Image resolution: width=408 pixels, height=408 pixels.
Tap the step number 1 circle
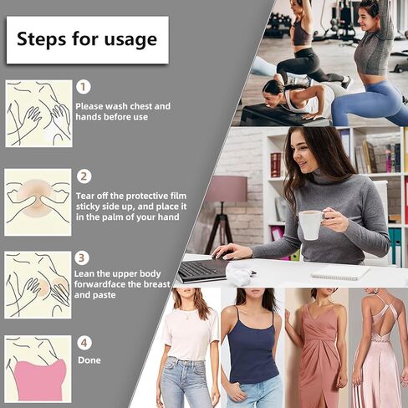click(x=84, y=87)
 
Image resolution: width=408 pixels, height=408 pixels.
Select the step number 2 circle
click(x=84, y=176)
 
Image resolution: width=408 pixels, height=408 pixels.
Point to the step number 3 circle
click(x=82, y=258)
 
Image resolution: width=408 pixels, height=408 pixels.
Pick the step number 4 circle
click(x=84, y=343)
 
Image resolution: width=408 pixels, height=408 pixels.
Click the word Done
click(x=89, y=360)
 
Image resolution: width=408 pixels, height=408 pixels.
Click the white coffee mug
click(x=312, y=224)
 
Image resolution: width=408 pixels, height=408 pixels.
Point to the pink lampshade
click(x=227, y=189)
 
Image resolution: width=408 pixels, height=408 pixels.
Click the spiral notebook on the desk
click(x=340, y=273)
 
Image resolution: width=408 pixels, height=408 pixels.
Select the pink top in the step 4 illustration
click(x=40, y=380)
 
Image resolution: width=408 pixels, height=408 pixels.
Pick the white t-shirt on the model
click(x=191, y=334)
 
